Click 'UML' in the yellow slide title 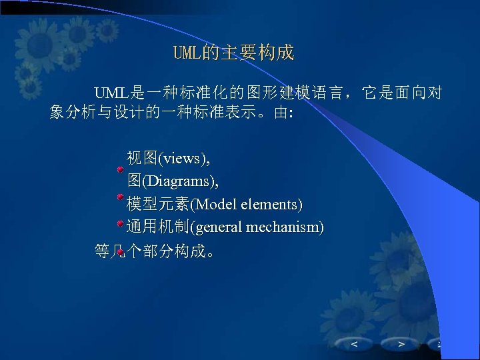[x=187, y=53]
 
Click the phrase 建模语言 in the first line [x=315, y=91]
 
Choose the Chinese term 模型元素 [x=158, y=203]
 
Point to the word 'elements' [x=270, y=203]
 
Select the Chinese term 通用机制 [x=158, y=227]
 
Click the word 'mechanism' [x=283, y=227]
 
